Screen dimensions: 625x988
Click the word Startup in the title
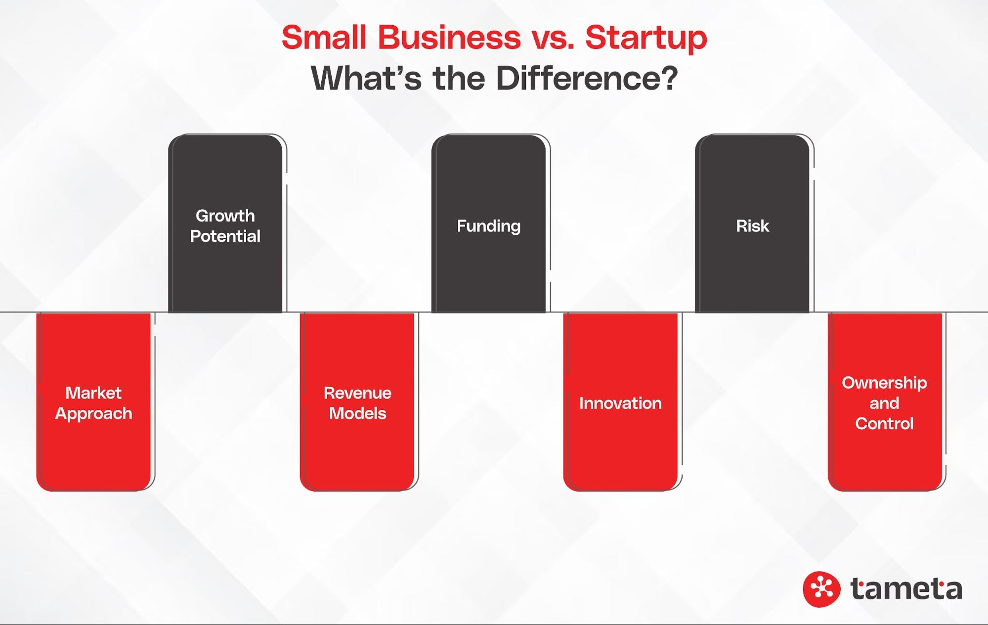pos(645,38)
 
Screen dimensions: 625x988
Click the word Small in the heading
pos(324,38)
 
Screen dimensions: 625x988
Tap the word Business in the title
pos(449,38)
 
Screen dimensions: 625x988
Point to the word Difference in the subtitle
pos(586,78)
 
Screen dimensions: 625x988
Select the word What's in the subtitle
pos(366,78)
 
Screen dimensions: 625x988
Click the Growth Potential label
pos(225,226)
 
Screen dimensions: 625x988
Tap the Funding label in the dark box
pos(488,226)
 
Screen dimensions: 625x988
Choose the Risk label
pos(752,226)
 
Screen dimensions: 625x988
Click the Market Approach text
pos(93,403)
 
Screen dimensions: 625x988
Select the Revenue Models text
pos(357,403)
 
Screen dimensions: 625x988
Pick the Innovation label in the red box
pos(620,403)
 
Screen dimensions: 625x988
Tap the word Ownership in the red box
pos(884,383)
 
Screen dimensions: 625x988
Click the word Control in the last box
pos(884,424)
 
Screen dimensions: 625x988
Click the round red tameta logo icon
pos(821,589)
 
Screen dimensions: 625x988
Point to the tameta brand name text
pos(906,589)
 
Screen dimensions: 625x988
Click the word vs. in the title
pos(553,38)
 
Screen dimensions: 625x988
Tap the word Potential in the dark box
pos(225,236)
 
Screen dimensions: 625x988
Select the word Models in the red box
pos(357,413)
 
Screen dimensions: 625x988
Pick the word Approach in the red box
pos(93,414)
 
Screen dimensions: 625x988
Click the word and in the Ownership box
pos(884,403)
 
